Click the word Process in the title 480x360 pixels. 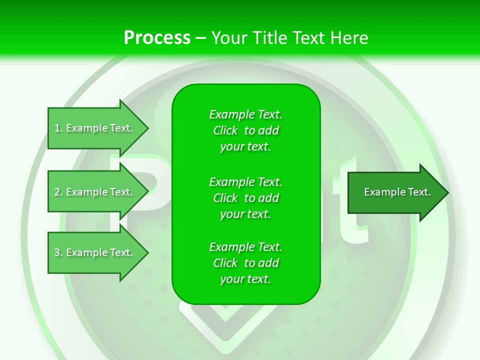pos(157,38)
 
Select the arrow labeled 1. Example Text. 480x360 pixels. pos(95,128)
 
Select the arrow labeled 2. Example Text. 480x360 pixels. pos(95,192)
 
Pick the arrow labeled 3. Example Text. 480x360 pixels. pos(95,252)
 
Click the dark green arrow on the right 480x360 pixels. pos(395,192)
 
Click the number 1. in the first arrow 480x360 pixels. pos(58,128)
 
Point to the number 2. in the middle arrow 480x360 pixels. pos(58,192)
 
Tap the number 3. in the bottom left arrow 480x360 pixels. pos(58,252)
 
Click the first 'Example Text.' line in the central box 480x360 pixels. pos(245,114)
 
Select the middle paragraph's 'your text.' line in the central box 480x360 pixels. pos(245,214)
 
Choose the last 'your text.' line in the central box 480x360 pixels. pos(245,279)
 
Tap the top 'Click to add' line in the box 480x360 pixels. pos(245,130)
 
